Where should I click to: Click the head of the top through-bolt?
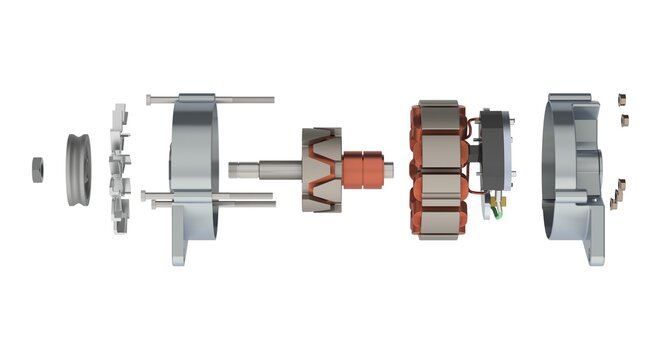point(149,98)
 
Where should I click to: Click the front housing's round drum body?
point(194,150)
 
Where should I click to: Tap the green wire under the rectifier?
point(494,209)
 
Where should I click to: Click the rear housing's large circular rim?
point(560,160)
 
